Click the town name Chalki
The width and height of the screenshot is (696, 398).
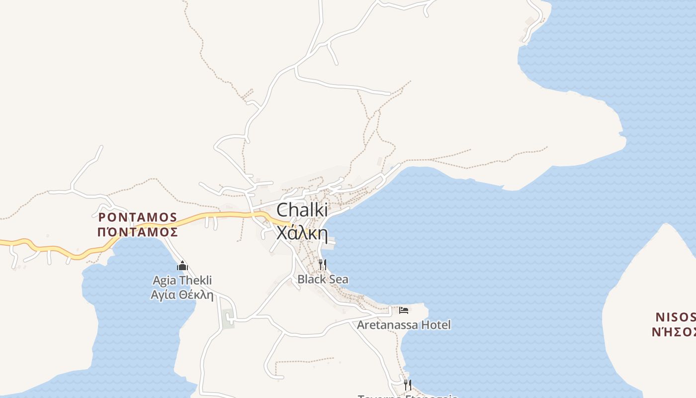tap(299, 209)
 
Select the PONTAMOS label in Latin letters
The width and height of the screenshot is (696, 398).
tap(138, 217)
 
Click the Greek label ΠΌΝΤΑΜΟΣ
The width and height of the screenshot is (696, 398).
tap(138, 232)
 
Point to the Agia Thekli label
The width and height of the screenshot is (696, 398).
tap(182, 281)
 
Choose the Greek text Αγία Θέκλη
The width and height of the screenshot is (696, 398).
tap(182, 295)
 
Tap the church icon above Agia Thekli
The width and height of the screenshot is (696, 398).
tap(182, 266)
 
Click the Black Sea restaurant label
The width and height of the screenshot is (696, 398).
tap(323, 280)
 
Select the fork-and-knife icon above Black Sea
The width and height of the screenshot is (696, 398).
tap(323, 264)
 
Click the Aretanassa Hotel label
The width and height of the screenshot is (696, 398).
tap(404, 325)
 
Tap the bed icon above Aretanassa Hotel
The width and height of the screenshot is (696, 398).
tap(404, 310)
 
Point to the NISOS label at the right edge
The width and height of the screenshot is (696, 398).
tap(675, 317)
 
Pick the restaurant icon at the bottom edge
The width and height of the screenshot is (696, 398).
tap(408, 385)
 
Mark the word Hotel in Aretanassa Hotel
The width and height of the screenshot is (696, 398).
tap(436, 325)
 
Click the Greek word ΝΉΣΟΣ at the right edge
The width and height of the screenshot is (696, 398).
tap(674, 332)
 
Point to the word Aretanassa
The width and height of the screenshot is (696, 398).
tap(388, 325)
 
